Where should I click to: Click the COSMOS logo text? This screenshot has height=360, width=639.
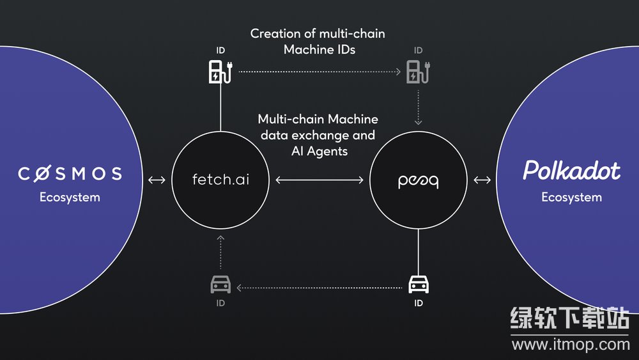pyautogui.click(x=70, y=173)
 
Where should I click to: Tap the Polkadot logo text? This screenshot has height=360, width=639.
pyautogui.click(x=571, y=171)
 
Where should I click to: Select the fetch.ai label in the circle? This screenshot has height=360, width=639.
pyautogui.click(x=220, y=180)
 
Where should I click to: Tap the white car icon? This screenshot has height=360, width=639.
pyautogui.click(x=418, y=283)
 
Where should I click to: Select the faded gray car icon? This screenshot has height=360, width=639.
pyautogui.click(x=220, y=284)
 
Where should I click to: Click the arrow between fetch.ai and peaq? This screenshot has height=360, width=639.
pyautogui.click(x=319, y=181)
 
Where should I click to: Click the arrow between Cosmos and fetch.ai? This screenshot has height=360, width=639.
pyautogui.click(x=157, y=180)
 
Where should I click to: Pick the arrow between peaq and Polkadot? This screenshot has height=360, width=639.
pyautogui.click(x=482, y=180)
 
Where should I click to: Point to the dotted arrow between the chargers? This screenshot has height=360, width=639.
pyautogui.click(x=319, y=72)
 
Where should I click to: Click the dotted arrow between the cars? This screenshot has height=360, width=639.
pyautogui.click(x=319, y=288)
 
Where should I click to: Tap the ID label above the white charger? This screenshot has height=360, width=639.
pyautogui.click(x=220, y=50)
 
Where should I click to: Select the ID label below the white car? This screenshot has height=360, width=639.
pyautogui.click(x=418, y=303)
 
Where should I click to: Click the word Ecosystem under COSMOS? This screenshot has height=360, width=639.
pyautogui.click(x=70, y=197)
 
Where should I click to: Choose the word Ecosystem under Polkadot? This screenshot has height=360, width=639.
pyautogui.click(x=571, y=197)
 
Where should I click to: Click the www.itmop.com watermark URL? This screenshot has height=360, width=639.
pyautogui.click(x=571, y=345)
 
